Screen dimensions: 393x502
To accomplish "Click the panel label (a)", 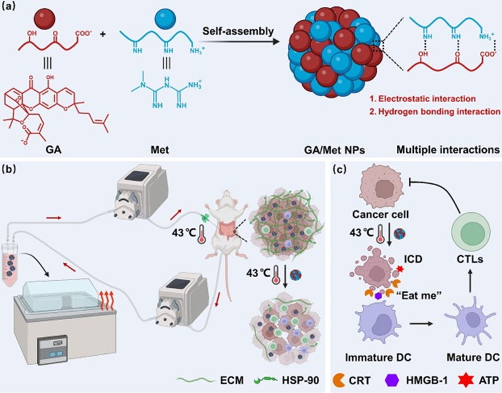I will coord(11,8).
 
